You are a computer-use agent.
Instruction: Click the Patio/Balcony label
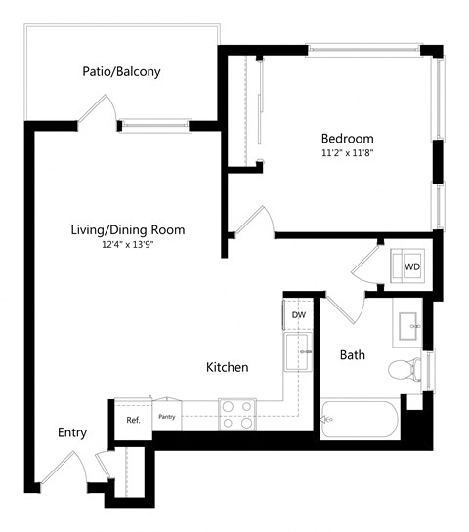point(121,71)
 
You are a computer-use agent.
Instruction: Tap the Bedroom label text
point(347,138)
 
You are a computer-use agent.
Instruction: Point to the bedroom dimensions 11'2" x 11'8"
point(347,152)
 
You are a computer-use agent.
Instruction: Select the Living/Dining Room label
point(127,230)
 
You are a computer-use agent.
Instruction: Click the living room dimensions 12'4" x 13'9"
point(127,245)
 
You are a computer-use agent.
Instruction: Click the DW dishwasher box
point(298,315)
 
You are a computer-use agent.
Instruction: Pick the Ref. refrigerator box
point(133,420)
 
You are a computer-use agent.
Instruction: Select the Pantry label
point(166,417)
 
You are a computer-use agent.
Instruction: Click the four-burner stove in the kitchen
point(236,414)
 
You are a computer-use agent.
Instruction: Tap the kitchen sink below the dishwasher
point(297,353)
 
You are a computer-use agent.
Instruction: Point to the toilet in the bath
point(405,370)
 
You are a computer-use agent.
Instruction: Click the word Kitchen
point(227,367)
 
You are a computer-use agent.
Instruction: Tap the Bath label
point(352,355)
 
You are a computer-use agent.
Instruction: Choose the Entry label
point(72,432)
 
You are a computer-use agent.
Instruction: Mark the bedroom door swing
point(254,221)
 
